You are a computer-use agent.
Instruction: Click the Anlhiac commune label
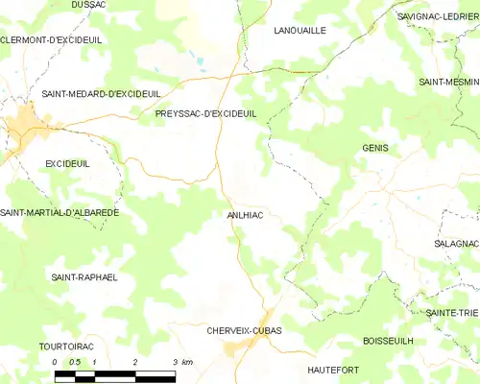point(245,215)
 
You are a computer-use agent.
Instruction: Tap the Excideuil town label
point(67,164)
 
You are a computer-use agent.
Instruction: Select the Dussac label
point(88,5)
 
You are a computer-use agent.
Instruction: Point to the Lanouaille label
point(300,31)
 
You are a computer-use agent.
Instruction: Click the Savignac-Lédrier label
point(438,16)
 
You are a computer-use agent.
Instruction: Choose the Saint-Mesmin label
point(448,83)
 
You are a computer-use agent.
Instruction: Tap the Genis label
point(375,148)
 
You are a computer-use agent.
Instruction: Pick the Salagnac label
point(456,245)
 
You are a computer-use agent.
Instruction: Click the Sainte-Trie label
point(452,313)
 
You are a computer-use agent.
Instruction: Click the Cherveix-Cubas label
point(244,330)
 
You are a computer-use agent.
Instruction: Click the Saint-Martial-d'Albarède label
point(60,212)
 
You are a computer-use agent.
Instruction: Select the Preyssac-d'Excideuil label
point(205,113)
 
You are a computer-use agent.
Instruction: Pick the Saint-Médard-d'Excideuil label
point(101,93)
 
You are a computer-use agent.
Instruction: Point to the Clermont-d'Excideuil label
point(51,39)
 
